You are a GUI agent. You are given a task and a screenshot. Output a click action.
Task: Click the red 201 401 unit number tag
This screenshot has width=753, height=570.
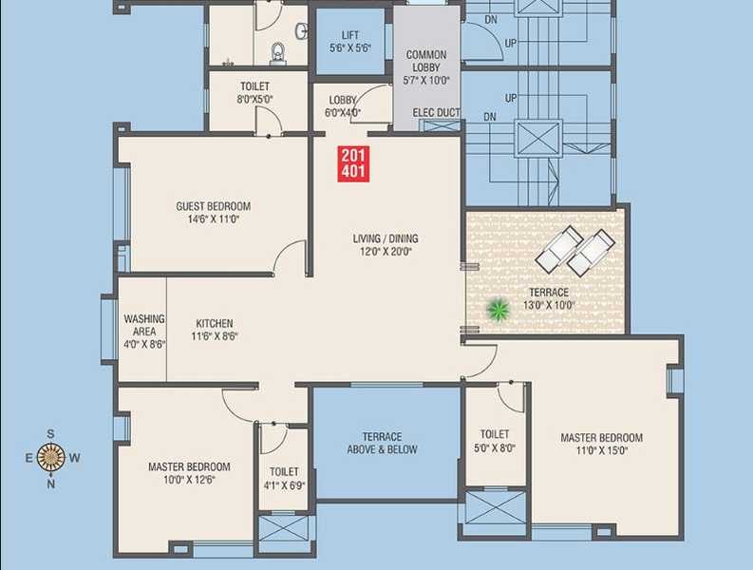click(x=355, y=163)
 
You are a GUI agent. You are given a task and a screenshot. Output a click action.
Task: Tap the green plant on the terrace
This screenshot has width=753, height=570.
click(x=497, y=309)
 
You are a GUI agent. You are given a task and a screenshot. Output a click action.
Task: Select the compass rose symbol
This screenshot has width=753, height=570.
click(x=51, y=457)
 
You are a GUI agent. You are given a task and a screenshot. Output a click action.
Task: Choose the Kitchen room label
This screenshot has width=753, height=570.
click(x=214, y=330)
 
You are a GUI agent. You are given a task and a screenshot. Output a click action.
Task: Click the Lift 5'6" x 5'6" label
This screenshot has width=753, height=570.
click(x=348, y=40)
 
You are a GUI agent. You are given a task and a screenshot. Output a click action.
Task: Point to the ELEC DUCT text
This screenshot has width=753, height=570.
click(x=437, y=113)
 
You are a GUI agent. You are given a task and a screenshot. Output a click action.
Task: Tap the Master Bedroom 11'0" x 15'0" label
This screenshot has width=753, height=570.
click(x=601, y=444)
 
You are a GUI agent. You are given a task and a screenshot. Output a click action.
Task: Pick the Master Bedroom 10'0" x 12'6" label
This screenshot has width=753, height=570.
click(x=189, y=473)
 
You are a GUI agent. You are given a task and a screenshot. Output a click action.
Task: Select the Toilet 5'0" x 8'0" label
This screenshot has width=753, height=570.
click(x=495, y=441)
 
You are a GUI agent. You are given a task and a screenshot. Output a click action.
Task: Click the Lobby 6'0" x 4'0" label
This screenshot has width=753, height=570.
click(x=342, y=105)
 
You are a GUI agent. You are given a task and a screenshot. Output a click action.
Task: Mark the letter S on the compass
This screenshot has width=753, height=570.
click(x=51, y=433)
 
